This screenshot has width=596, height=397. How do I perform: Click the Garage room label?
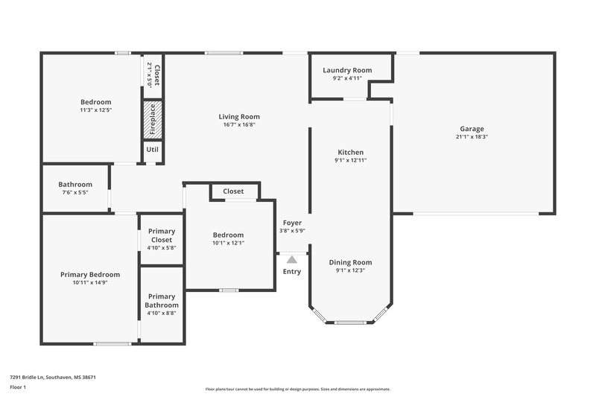474,128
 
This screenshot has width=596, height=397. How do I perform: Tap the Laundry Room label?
346,70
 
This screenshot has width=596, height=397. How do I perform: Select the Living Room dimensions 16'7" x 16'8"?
239,125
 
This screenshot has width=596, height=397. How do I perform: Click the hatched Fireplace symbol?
153,119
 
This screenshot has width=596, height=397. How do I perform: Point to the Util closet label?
153,150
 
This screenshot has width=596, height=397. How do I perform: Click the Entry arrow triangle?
292,259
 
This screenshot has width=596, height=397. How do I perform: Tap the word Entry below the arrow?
292,271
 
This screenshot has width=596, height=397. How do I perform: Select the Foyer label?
292,223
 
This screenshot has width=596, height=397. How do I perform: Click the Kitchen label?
350,152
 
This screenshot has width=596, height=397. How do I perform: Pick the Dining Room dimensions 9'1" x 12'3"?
350,270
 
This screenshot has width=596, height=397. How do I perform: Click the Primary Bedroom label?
90,274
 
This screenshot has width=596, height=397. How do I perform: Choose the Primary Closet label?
162,235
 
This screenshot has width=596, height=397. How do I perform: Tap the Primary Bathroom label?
162,301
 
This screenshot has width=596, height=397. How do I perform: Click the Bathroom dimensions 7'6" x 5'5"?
75,193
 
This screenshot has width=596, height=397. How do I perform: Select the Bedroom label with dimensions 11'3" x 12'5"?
96,102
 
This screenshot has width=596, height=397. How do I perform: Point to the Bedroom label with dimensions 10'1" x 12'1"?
229,235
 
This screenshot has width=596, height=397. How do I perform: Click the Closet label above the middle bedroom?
233,191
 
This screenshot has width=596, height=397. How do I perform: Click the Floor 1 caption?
19,388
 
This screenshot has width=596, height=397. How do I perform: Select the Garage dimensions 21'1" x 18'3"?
474,136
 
